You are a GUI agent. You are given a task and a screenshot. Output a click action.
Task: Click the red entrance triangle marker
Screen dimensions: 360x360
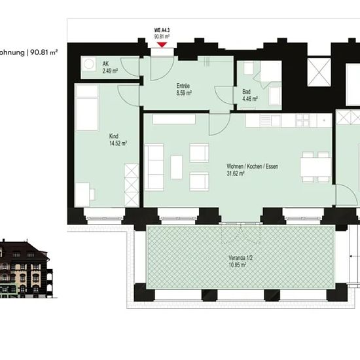coord(162,45)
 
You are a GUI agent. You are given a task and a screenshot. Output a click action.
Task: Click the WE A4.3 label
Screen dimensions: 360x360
coord(162,30)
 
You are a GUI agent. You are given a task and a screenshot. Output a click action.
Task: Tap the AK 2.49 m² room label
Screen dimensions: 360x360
coord(110,67)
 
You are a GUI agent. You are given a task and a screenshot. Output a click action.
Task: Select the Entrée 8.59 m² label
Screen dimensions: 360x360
coord(184,89)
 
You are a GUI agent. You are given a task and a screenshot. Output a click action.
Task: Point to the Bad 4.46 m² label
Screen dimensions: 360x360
coord(250,96)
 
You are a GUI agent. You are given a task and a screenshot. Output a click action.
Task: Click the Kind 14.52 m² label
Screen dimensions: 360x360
coord(118,139)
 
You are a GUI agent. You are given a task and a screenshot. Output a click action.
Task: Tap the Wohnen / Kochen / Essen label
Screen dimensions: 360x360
coord(252,166)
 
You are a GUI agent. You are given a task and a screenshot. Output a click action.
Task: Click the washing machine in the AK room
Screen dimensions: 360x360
coord(89,63)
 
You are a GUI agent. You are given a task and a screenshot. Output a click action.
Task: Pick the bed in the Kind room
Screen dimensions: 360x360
coord(87,108)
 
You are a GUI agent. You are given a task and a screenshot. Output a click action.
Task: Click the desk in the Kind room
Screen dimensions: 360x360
coord(82,194)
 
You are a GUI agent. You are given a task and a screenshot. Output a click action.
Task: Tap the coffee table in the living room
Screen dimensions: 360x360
coord(177,167)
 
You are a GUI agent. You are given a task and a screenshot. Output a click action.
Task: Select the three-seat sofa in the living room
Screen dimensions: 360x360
coord(154,167)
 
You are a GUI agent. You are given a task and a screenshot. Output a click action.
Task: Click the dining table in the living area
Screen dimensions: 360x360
coord(315,167)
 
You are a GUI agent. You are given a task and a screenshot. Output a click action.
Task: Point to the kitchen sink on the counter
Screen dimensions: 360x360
coord(271,120)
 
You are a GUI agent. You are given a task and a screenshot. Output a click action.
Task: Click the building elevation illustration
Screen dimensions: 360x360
coord(26,269)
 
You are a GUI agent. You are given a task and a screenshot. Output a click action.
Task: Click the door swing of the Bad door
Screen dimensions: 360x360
coord(224,96)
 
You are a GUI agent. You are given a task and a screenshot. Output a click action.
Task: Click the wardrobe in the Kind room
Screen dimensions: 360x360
coord(132,185)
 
